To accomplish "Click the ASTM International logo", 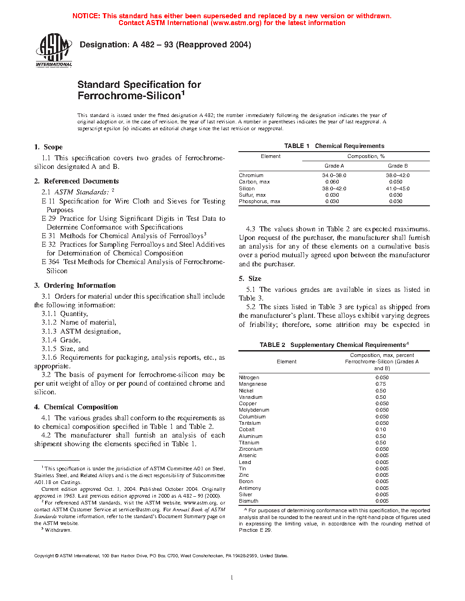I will tap(54, 50).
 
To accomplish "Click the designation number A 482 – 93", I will tap(153, 45).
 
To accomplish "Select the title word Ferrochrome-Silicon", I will tap(129, 96).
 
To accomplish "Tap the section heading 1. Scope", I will tap(48, 147).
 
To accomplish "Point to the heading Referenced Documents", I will tap(81, 181).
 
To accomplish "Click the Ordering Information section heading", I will tap(79, 285).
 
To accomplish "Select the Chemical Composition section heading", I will tap(81, 407).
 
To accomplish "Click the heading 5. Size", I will tap(250, 279).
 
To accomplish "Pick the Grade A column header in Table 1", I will tap(334, 166).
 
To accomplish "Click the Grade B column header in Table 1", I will tap(398, 166).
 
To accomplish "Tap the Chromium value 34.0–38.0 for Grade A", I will tap(334, 175).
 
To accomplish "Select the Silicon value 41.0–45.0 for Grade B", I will tap(398, 188).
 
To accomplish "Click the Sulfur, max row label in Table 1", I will tap(252, 195).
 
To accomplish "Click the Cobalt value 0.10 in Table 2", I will tap(381, 429).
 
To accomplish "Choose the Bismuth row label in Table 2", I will tap(248, 501).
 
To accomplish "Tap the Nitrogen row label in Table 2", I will tap(249, 377).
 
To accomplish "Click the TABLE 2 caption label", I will tap(272, 345).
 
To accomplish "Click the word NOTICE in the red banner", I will tap(86, 16).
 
